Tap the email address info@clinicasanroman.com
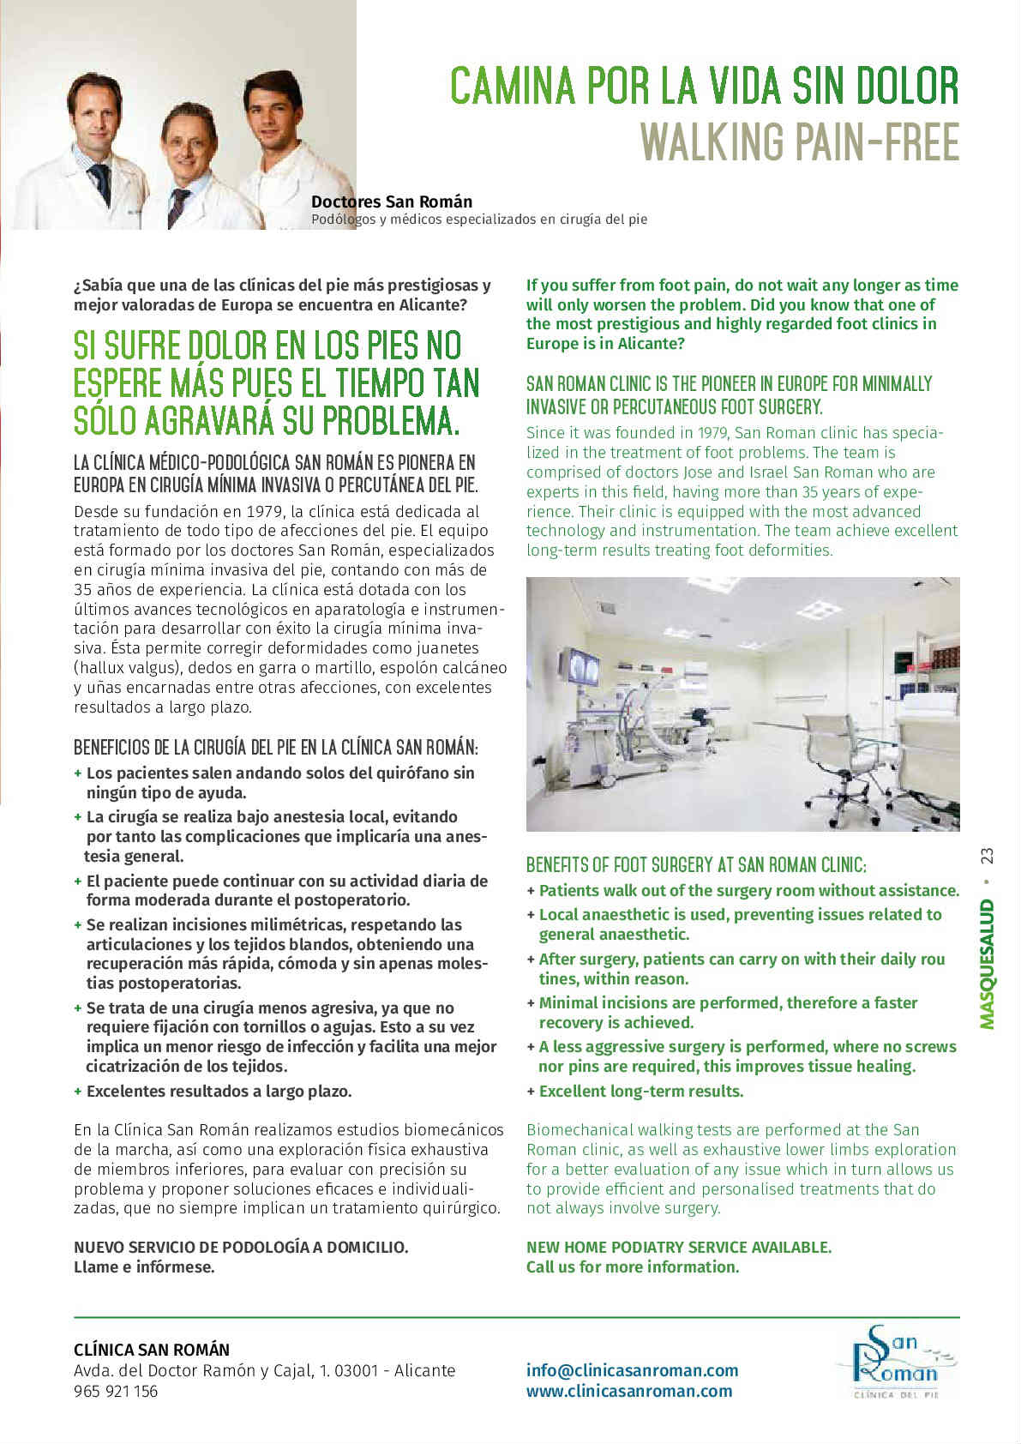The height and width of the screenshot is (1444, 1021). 632,1370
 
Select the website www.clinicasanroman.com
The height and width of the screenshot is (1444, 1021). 629,1391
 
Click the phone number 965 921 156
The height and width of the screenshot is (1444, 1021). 116,1391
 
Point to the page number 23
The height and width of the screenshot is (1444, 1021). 987,856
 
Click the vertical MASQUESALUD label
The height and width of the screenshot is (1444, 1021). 987,964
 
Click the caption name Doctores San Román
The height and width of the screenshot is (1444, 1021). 391,202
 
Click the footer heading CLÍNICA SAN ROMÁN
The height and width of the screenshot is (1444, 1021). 152,1349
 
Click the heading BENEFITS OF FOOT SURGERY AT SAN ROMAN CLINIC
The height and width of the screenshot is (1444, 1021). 696,864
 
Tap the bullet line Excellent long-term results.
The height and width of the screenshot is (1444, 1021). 640,1091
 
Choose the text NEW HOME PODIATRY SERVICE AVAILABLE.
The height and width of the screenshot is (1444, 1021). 679,1247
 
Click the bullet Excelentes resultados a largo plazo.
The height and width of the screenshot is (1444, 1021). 219,1091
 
